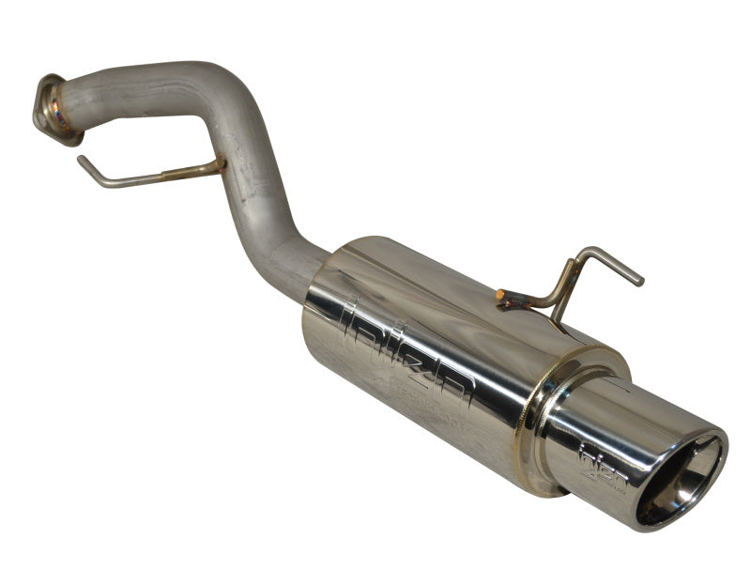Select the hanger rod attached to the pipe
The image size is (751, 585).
pyautogui.click(x=141, y=177)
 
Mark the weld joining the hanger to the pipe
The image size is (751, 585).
pyautogui.click(x=218, y=166)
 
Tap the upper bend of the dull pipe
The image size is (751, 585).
pyautogui.click(x=211, y=85)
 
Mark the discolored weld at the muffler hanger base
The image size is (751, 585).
pyautogui.click(x=512, y=300)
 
